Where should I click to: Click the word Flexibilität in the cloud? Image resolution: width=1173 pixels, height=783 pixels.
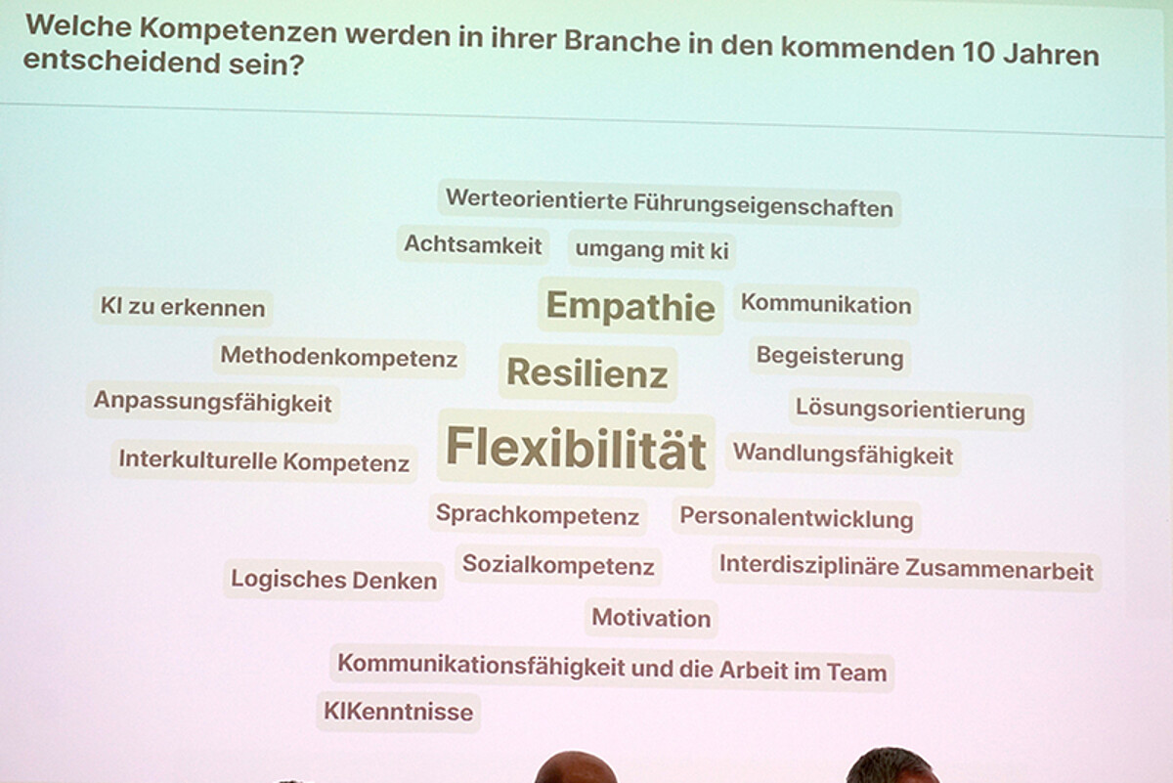[x=576, y=448]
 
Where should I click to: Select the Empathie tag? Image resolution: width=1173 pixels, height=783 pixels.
[x=630, y=306]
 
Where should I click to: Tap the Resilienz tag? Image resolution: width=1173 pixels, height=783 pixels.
[x=587, y=372]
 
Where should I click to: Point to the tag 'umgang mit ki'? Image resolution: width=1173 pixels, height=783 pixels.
[x=652, y=250]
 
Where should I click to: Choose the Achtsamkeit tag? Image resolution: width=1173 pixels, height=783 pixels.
[x=473, y=244]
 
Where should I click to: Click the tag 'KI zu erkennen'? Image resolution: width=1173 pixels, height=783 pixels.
[x=183, y=307]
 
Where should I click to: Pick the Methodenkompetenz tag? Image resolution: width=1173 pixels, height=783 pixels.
[x=339, y=357]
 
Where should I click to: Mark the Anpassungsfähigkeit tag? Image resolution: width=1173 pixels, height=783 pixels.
[x=213, y=402]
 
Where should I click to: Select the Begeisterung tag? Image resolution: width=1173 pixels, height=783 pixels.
[x=830, y=357]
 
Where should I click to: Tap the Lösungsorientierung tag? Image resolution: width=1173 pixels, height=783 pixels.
[x=911, y=410]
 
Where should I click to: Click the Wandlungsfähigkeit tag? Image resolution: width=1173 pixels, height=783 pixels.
[x=843, y=455]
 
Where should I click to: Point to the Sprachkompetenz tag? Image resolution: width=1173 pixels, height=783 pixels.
[x=538, y=514]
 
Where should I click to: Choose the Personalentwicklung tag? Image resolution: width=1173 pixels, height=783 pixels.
[x=797, y=518]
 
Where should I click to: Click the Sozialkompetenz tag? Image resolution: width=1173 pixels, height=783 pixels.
[x=558, y=565]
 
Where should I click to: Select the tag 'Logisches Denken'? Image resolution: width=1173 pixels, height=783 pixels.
[x=334, y=580]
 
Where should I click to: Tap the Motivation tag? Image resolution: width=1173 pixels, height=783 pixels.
[x=651, y=618]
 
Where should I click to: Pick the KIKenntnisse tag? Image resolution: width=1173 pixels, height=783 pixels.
[x=399, y=712]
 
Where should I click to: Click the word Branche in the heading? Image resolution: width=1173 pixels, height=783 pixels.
[x=622, y=41]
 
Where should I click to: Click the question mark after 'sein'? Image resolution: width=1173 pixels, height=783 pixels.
[x=297, y=65]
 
